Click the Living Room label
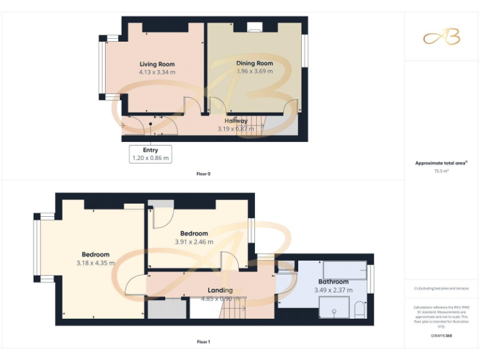click(x=157, y=64)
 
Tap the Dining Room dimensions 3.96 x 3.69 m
click(x=254, y=71)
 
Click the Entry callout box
click(x=150, y=154)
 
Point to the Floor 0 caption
click(x=203, y=174)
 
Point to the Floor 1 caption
click(x=203, y=342)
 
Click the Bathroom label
click(x=333, y=282)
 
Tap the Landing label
click(x=220, y=290)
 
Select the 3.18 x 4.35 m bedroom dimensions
click(x=96, y=263)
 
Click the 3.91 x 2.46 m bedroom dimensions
click(x=194, y=242)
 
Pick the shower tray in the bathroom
click(x=335, y=307)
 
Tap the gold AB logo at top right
click(x=441, y=37)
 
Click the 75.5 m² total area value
click(x=441, y=171)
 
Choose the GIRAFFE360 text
click(x=441, y=336)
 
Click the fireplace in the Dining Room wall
click(x=255, y=26)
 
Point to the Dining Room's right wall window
click(x=305, y=50)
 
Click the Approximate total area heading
click(x=441, y=163)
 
